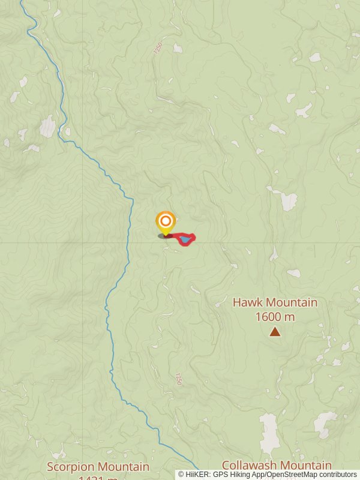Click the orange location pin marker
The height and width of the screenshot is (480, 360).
coord(166,221)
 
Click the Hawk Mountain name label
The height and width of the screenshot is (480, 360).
coord(275,302)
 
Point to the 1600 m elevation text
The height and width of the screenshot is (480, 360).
coord(275,317)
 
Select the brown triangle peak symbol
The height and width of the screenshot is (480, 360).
coord(275,331)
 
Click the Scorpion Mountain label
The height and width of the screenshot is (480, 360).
coord(98,466)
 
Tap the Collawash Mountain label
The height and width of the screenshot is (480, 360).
coord(277,465)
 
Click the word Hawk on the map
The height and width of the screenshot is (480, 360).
coord(248,302)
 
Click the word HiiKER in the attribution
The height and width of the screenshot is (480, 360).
coord(196,475)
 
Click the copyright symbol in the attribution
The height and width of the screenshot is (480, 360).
coord(181,475)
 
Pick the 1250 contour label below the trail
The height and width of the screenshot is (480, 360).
coord(178,379)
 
